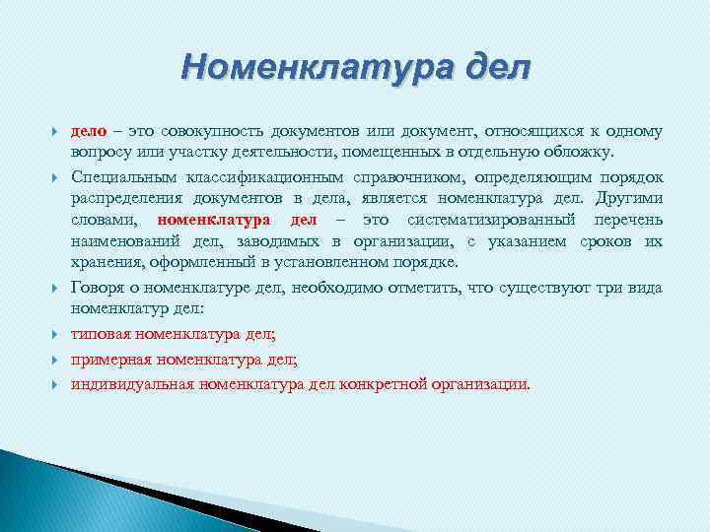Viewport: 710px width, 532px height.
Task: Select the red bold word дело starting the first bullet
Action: [x=89, y=131]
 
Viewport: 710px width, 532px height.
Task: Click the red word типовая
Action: [x=100, y=335]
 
